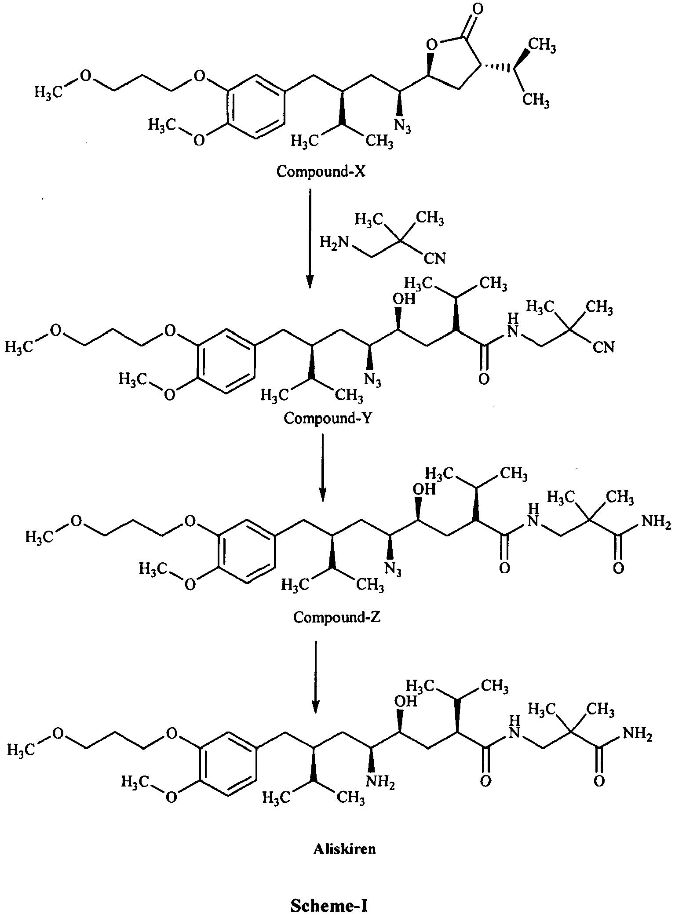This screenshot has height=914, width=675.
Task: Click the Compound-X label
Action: tap(321, 171)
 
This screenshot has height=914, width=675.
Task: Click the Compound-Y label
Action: tap(328, 418)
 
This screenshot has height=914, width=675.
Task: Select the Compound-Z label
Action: tap(337, 617)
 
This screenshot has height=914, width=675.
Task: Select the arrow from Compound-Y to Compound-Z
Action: tap(322, 467)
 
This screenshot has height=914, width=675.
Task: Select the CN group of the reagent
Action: tap(434, 259)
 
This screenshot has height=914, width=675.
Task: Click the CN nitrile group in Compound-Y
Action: tap(603, 347)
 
